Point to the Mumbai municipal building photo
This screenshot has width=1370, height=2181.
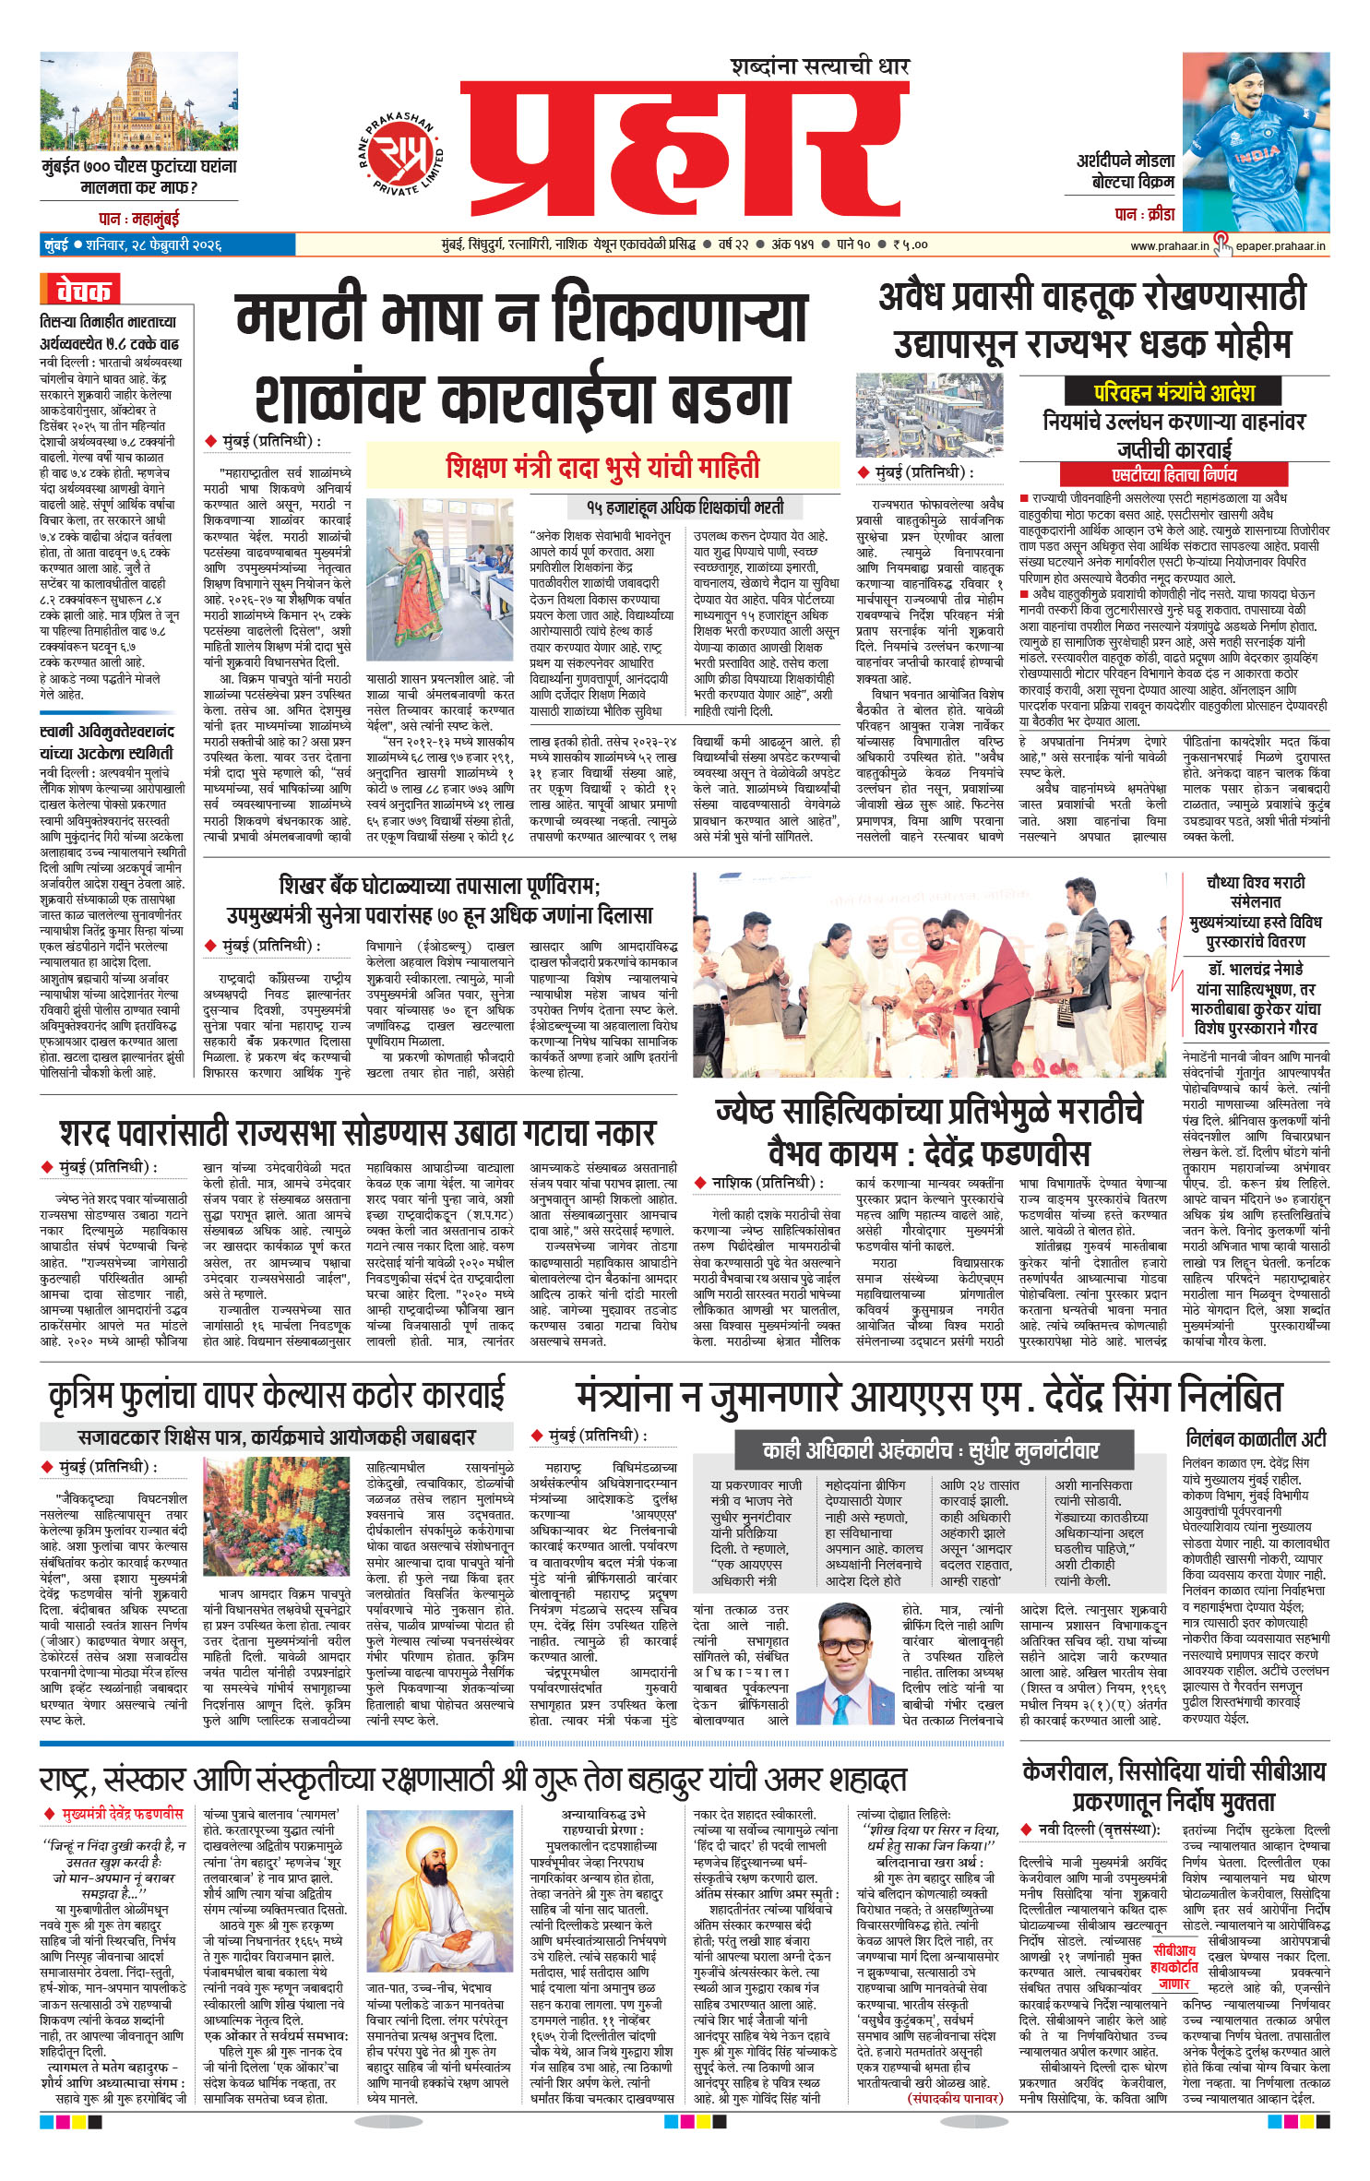tap(138, 101)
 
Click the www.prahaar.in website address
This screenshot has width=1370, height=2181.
tap(1169, 245)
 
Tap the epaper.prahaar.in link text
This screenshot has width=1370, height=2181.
tap(1280, 245)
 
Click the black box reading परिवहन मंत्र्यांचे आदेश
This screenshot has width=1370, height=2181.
tap(1173, 392)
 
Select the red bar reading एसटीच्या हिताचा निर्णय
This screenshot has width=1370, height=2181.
tap(1173, 475)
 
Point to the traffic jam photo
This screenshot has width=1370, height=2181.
tap(929, 414)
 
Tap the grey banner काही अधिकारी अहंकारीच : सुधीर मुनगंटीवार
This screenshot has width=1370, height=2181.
tap(930, 1450)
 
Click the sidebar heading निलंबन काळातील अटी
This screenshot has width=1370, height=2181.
tap(1256, 1438)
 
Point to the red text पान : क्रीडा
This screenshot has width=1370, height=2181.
tap(1144, 214)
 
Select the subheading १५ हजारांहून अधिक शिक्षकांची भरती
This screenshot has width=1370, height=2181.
tap(685, 507)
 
